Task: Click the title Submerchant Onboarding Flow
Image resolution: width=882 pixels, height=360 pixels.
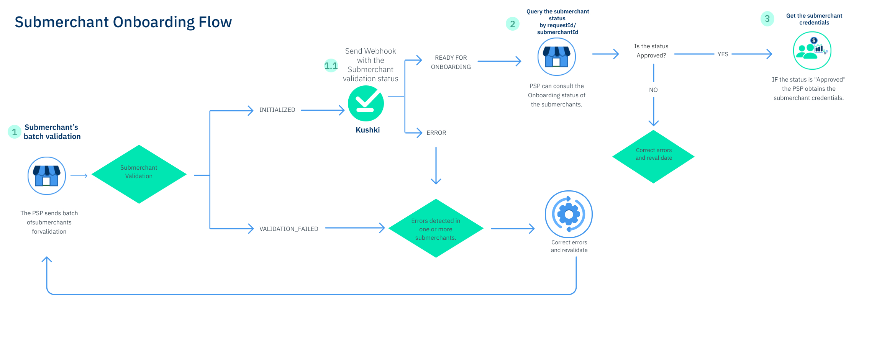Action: coord(123,22)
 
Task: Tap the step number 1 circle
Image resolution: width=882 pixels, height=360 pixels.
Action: coord(15,132)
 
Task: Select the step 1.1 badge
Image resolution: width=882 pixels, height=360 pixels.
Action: coord(331,66)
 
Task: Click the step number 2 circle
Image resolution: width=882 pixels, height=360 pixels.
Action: coord(512,24)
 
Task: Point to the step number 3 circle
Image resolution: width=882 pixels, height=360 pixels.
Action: coord(767,19)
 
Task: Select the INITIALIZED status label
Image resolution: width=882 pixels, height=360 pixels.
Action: coord(277,110)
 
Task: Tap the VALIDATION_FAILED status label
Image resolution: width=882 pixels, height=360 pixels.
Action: coord(289,229)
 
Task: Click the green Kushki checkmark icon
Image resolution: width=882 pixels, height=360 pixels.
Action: coord(366,103)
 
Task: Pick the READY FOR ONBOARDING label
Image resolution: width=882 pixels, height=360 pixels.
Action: coord(451,62)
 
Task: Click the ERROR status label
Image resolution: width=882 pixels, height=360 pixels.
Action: coord(436,133)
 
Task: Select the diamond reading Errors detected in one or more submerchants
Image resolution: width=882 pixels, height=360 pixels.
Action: coord(436,229)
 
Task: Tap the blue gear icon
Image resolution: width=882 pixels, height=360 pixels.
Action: coord(569,214)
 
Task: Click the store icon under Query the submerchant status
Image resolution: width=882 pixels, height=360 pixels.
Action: coord(556,57)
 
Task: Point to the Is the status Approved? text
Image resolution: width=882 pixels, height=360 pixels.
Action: coord(651,51)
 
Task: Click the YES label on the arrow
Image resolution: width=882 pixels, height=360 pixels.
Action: coord(723,54)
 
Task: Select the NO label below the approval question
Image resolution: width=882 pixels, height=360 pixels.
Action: coord(653,90)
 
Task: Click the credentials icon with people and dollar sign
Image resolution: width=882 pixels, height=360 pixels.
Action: coord(812,51)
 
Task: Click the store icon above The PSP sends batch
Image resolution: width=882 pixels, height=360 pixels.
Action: coord(47,176)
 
